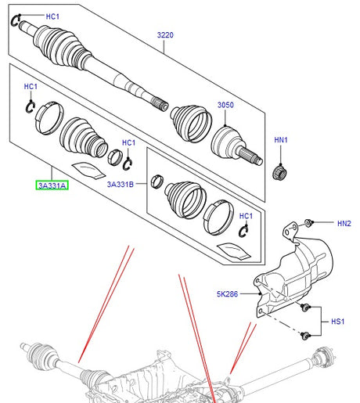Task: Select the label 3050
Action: pos(225,104)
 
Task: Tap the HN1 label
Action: pos(281,140)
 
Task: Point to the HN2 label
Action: pos(344,224)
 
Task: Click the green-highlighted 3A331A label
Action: pos(52,185)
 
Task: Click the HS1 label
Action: pos(337,322)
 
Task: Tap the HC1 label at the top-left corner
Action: pos(52,16)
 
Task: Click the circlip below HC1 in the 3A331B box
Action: pos(243,229)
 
